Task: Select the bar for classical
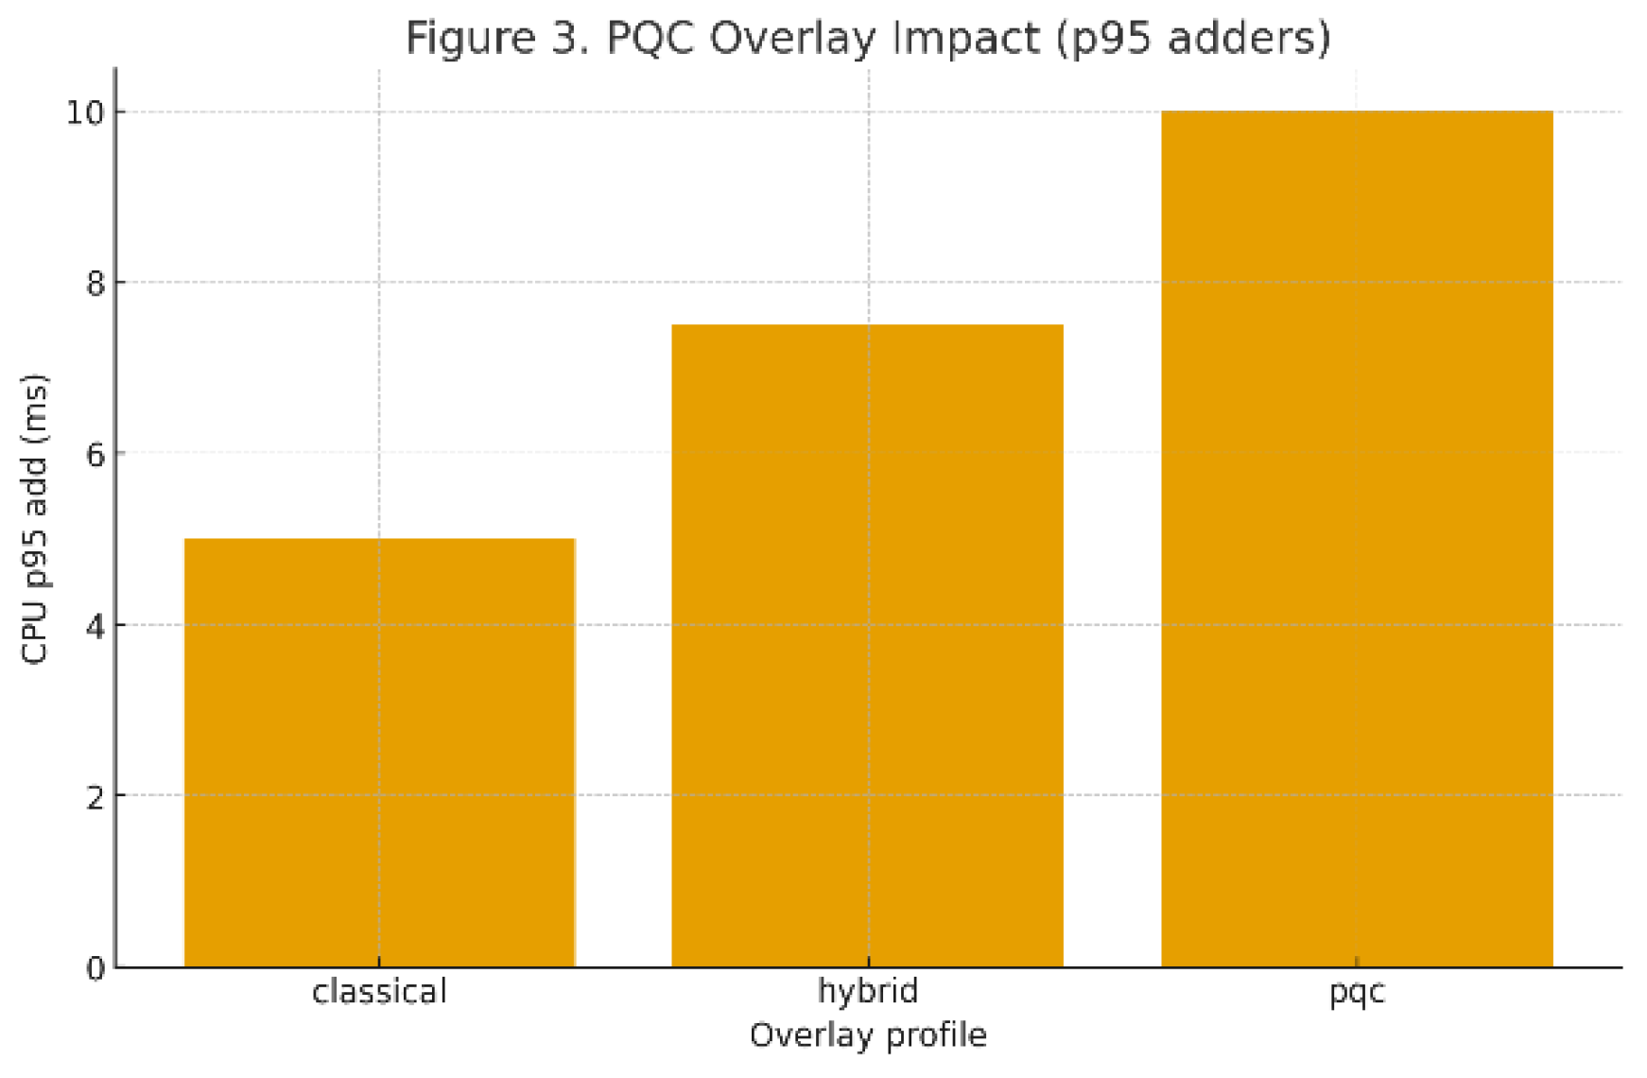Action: click(x=379, y=752)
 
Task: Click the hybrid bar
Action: click(x=867, y=645)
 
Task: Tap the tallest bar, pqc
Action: click(x=1356, y=538)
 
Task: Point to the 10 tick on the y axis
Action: click(x=83, y=113)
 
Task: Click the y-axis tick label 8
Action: click(x=95, y=283)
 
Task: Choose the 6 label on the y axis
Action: click(x=95, y=454)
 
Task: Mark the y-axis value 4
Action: click(x=95, y=625)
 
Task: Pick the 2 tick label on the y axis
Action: click(x=95, y=796)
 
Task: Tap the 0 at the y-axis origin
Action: click(x=95, y=967)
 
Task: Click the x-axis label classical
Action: click(x=379, y=992)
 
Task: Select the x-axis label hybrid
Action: click(x=867, y=992)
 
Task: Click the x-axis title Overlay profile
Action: click(x=867, y=1035)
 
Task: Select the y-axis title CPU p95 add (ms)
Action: click(x=35, y=519)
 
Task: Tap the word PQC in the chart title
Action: click(x=652, y=38)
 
